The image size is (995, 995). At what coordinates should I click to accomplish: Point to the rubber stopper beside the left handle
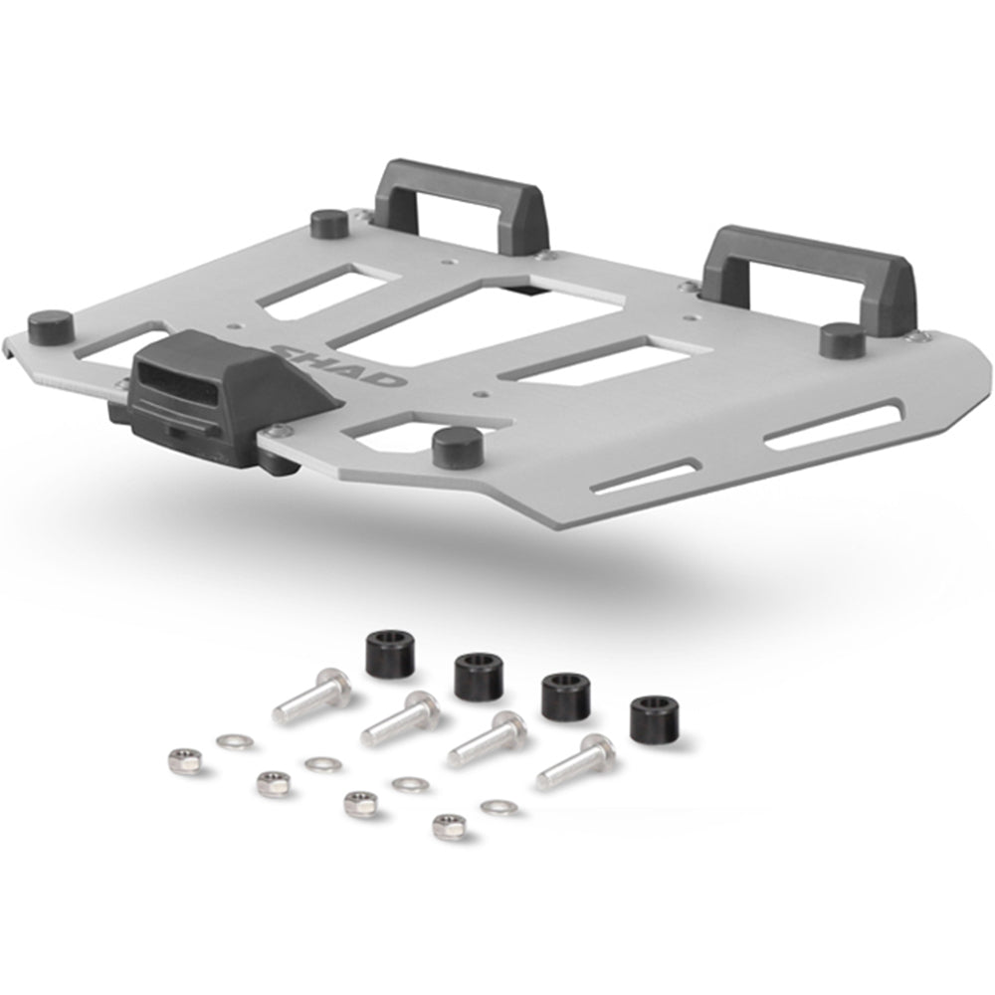tap(329, 223)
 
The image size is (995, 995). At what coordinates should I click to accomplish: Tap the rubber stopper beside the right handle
tap(843, 341)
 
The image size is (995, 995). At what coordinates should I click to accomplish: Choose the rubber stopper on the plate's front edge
tap(458, 448)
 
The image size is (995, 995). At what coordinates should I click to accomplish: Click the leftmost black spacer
tap(390, 653)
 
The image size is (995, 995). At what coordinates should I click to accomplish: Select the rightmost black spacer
tap(655, 719)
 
